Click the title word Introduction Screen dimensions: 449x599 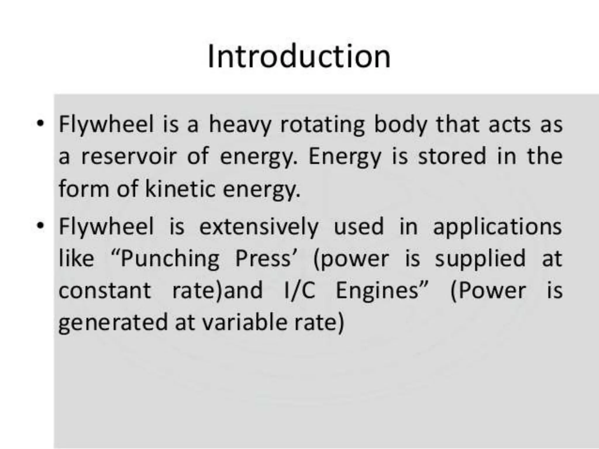[299, 57]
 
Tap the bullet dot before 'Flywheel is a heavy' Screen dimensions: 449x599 [40, 123]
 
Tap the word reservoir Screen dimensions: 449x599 [129, 156]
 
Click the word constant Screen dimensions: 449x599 [105, 291]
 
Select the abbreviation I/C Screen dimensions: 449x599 [300, 291]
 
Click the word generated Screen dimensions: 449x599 [113, 323]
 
